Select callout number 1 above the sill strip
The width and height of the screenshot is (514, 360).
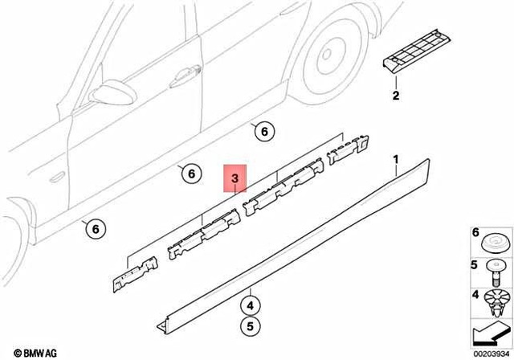tap(396, 165)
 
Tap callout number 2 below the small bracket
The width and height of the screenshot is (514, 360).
tap(395, 97)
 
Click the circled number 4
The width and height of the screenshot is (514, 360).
tap(251, 306)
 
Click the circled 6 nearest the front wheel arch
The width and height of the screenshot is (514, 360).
tap(94, 229)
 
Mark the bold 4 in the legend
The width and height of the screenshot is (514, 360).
tap(473, 294)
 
